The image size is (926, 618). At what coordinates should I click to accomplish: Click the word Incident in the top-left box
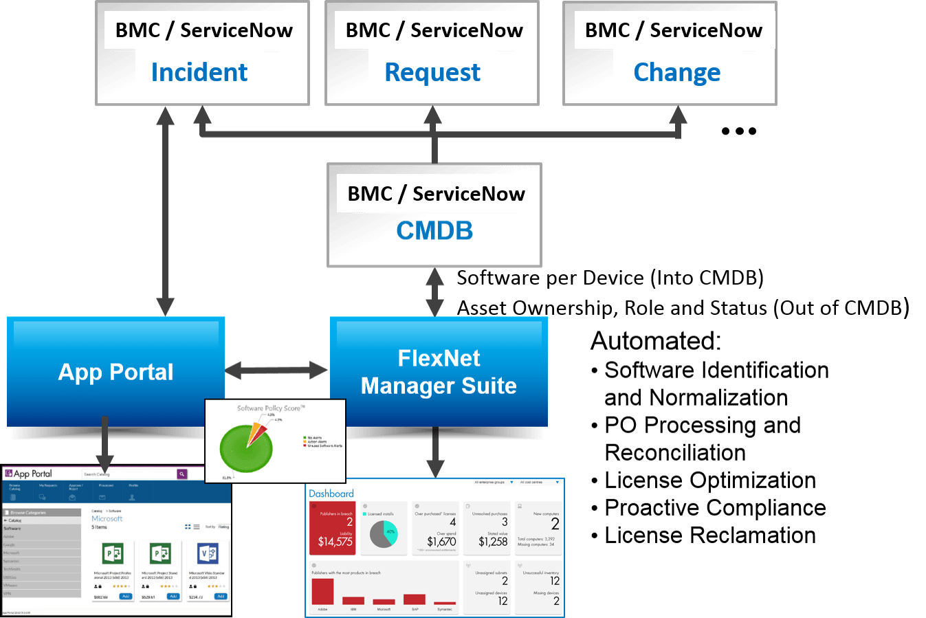[x=199, y=72]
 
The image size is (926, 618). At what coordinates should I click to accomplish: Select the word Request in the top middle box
[x=432, y=72]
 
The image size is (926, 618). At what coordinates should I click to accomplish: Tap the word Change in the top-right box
[x=676, y=72]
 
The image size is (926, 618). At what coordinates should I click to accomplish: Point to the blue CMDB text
[x=434, y=231]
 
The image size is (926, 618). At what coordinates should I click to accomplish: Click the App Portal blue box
[x=115, y=371]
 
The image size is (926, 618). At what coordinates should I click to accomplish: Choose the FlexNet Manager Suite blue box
[x=439, y=371]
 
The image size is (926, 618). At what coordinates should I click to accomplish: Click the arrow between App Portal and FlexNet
[x=277, y=370]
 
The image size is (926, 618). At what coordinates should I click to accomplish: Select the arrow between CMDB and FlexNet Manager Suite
[x=434, y=292]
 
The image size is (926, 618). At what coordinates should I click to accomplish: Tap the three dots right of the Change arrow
[x=739, y=131]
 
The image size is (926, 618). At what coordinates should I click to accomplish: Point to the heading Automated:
[x=656, y=341]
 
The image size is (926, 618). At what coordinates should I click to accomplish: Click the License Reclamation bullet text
[x=709, y=535]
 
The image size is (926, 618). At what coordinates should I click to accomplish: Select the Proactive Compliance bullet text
[x=715, y=507]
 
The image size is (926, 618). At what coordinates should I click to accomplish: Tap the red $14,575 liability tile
[x=335, y=529]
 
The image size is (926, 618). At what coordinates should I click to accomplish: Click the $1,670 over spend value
[x=441, y=542]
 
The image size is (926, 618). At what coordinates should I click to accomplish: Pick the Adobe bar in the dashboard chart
[x=322, y=592]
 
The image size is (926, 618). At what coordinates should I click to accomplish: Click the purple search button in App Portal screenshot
[x=181, y=474]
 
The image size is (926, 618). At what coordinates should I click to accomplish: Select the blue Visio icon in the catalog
[x=208, y=553]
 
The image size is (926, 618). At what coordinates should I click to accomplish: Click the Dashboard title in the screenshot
[x=331, y=494]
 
